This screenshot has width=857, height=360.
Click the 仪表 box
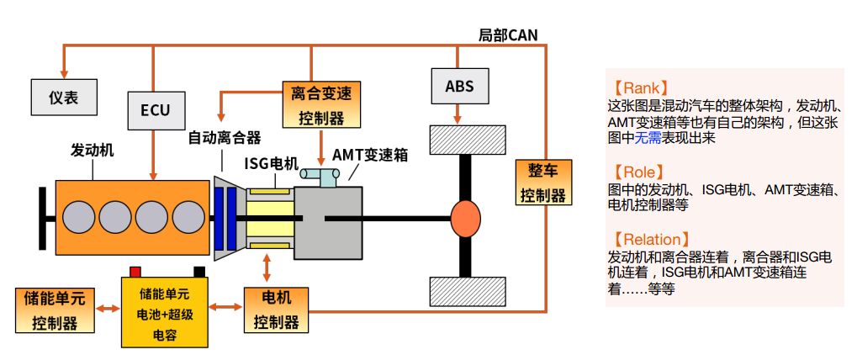[63, 97]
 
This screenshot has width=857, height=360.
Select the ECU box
[155, 109]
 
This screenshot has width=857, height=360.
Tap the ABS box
[459, 86]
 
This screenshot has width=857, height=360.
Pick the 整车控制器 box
[542, 183]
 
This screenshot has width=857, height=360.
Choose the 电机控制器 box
[276, 310]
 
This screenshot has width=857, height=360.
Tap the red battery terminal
[134, 271]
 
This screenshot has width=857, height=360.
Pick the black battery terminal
[199, 271]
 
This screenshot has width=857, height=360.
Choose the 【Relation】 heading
[653, 240]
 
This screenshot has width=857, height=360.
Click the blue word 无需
[649, 137]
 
